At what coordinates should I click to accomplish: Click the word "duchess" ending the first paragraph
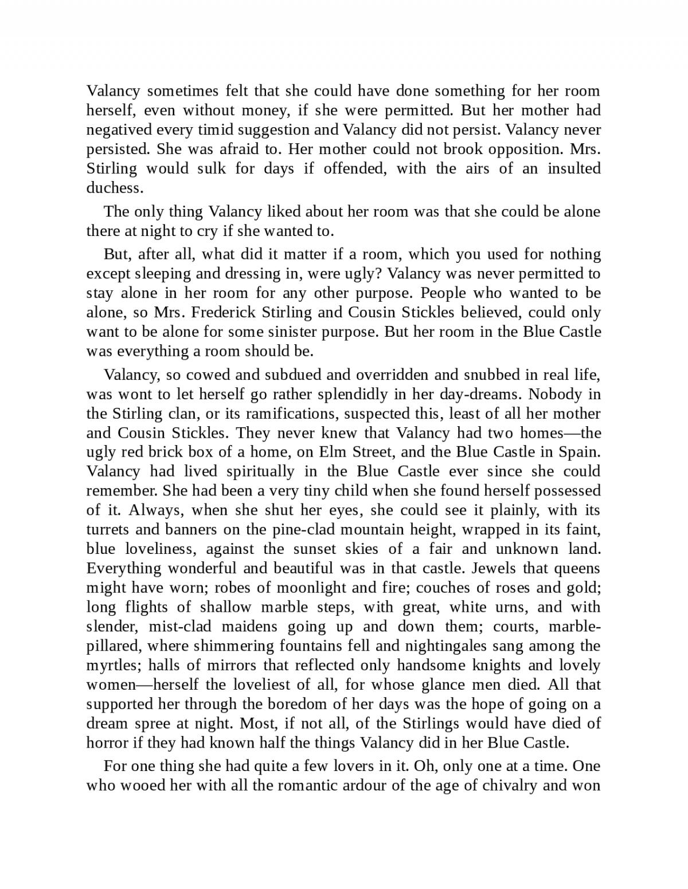click(x=113, y=188)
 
